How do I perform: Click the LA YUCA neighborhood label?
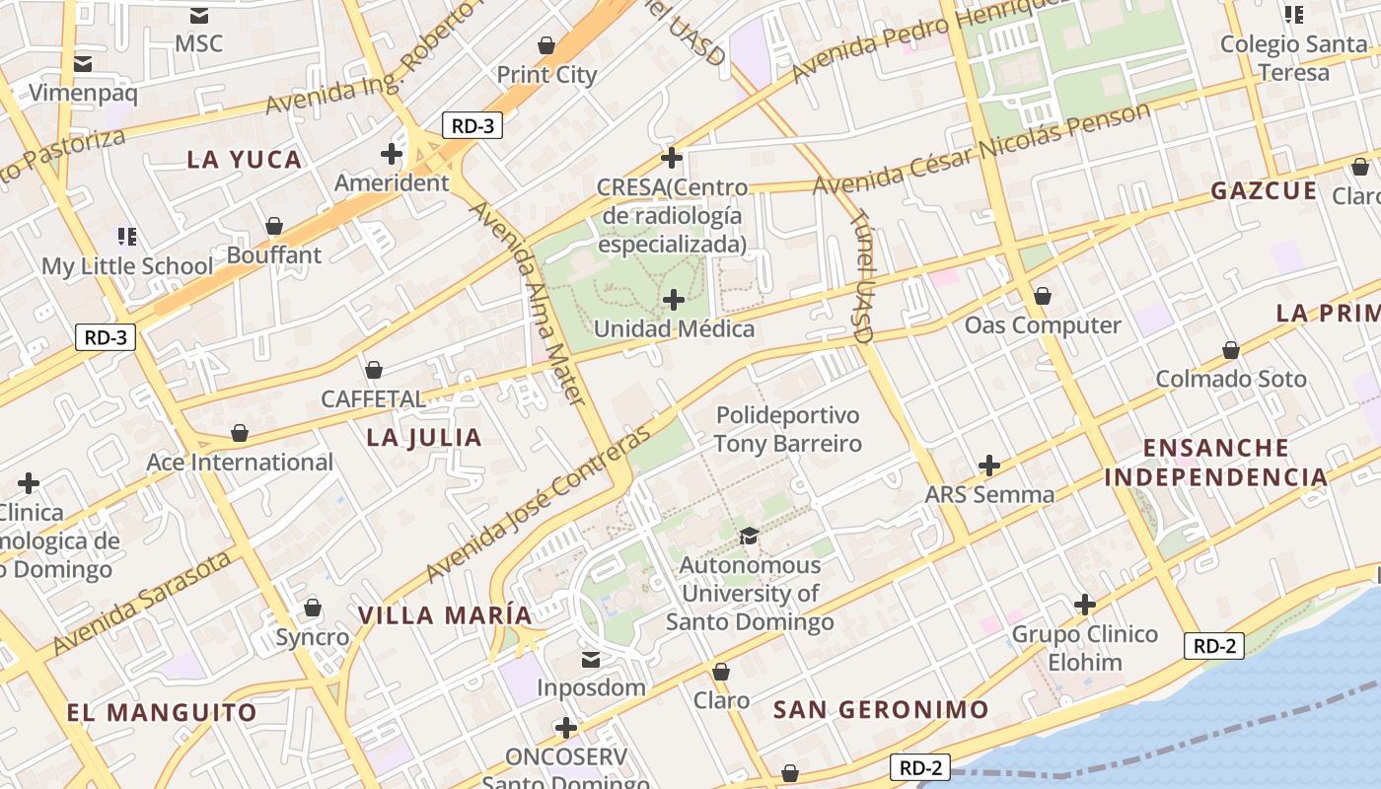pyautogui.click(x=244, y=160)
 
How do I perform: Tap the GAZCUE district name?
pyautogui.click(x=1264, y=191)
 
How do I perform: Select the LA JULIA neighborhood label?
pyautogui.click(x=424, y=438)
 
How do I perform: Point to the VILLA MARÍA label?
pyautogui.click(x=445, y=615)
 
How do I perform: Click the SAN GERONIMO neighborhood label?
pyautogui.click(x=880, y=710)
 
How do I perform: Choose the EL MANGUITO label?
pyautogui.click(x=162, y=712)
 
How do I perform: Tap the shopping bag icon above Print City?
pyautogui.click(x=546, y=45)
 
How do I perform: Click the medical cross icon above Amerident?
pyautogui.click(x=392, y=154)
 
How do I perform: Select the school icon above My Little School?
pyautogui.click(x=127, y=236)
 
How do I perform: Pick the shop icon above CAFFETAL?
pyautogui.click(x=374, y=370)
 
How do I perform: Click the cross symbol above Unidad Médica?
pyautogui.click(x=674, y=299)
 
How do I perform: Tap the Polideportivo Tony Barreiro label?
pyautogui.click(x=787, y=429)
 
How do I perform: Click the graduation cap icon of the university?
pyautogui.click(x=750, y=536)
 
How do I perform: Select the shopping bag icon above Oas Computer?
pyautogui.click(x=1043, y=296)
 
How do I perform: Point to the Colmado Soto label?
pyautogui.click(x=1230, y=379)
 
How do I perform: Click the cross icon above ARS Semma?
pyautogui.click(x=989, y=465)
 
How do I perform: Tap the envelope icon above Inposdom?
pyautogui.click(x=591, y=659)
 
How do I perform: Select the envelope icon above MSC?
pyautogui.click(x=199, y=15)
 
